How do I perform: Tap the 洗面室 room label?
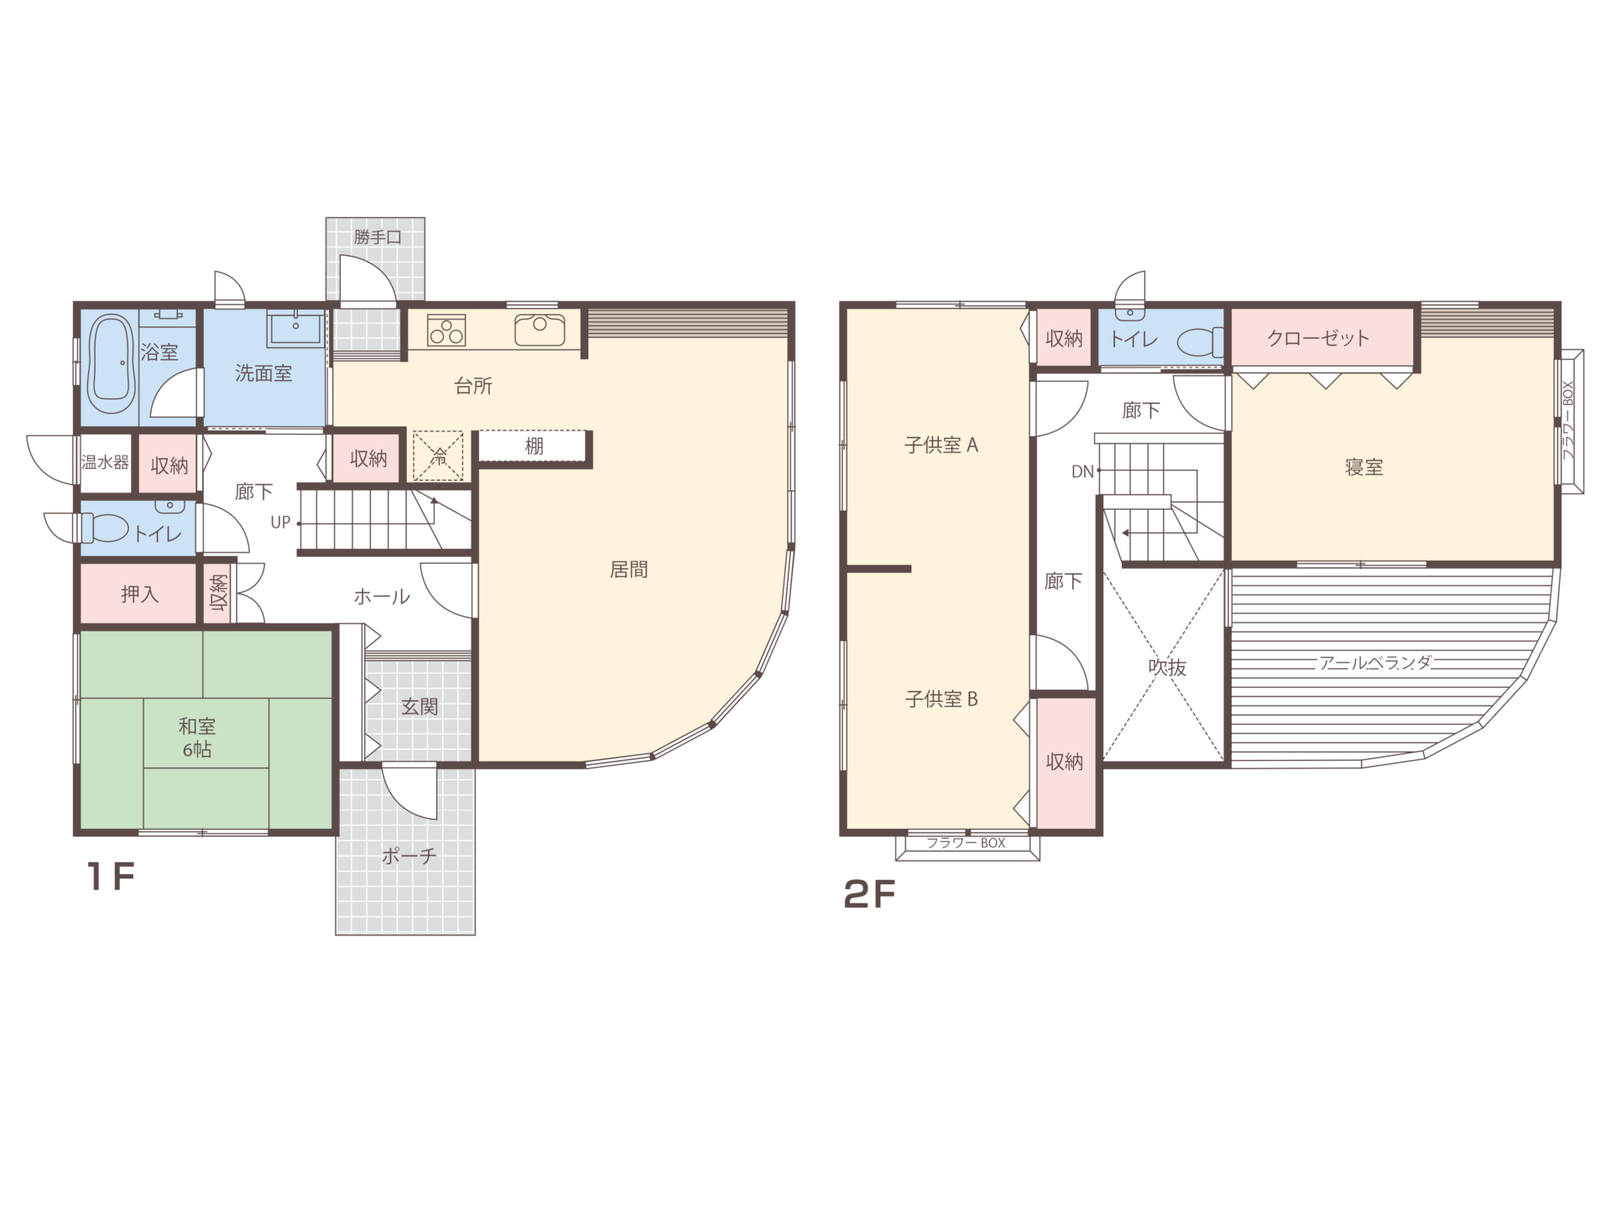(263, 374)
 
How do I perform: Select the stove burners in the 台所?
(446, 331)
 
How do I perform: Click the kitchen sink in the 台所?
(540, 330)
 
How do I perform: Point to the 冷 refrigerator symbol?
(438, 456)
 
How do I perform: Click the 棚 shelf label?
(534, 446)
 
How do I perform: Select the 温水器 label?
(105, 462)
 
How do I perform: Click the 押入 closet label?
(139, 595)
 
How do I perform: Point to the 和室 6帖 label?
(197, 738)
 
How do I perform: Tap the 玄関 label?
(419, 707)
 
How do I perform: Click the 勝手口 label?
(378, 237)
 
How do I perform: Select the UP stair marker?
(280, 523)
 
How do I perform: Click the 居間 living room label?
(628, 570)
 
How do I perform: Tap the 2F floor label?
(869, 895)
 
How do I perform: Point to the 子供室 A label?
(941, 445)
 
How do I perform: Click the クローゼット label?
(1318, 338)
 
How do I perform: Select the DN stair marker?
(1082, 472)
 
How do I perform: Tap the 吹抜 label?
(1167, 668)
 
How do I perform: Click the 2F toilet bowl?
(1200, 342)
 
